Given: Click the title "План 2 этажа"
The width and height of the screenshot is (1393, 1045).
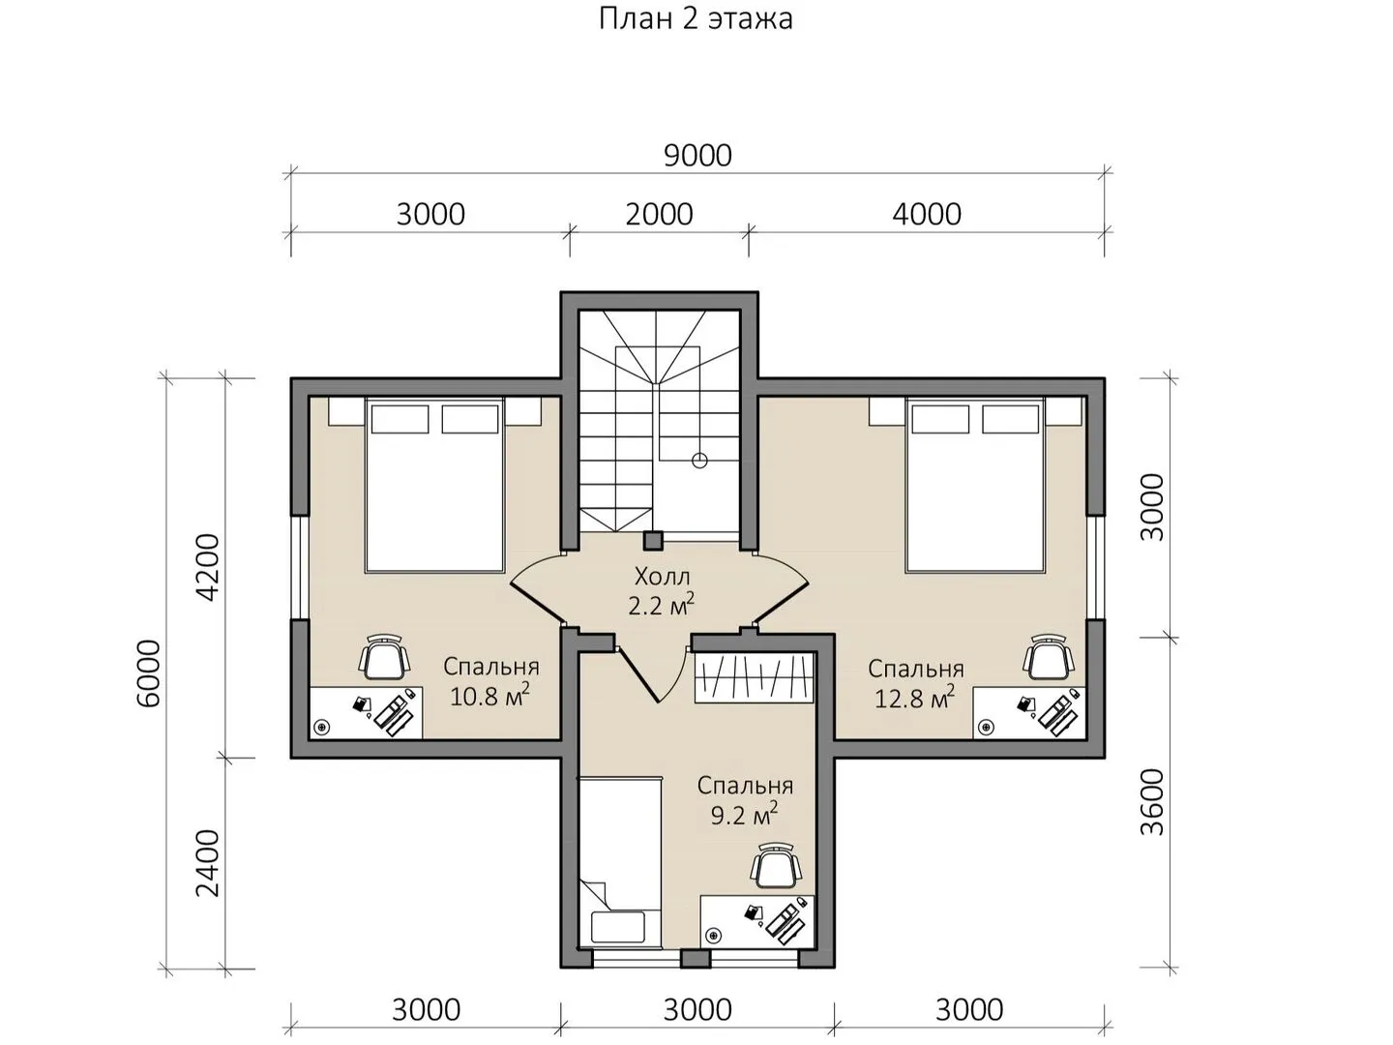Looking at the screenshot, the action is pyautogui.click(x=696, y=19).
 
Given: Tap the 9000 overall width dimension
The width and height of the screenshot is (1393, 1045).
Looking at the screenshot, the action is pyautogui.click(x=697, y=156).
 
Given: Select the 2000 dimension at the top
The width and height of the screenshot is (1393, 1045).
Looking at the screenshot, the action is pyautogui.click(x=659, y=215).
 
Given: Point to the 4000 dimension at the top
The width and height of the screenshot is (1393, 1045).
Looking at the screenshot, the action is pyautogui.click(x=927, y=215).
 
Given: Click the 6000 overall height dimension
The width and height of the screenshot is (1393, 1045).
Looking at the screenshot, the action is pyautogui.click(x=150, y=673).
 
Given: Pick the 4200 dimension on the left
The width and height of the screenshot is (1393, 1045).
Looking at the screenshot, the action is pyautogui.click(x=208, y=568).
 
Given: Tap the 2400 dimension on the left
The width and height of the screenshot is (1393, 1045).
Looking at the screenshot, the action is pyautogui.click(x=208, y=863).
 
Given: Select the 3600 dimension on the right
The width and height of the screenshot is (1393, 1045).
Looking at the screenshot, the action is pyautogui.click(x=1152, y=802).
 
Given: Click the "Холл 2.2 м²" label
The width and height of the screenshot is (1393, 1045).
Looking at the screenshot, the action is pyautogui.click(x=662, y=592).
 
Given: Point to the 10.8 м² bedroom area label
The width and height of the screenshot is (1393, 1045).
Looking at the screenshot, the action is pyautogui.click(x=489, y=697).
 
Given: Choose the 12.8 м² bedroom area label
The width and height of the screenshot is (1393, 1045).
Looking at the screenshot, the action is pyautogui.click(x=914, y=699).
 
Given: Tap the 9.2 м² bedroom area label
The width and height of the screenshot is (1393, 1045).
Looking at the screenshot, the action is pyautogui.click(x=744, y=816).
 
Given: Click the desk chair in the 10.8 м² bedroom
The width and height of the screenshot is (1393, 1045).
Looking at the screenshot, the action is pyautogui.click(x=384, y=657).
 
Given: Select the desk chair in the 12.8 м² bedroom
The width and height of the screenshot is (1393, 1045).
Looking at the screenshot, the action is pyautogui.click(x=1049, y=657).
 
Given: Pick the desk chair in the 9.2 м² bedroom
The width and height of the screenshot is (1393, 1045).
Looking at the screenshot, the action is pyautogui.click(x=775, y=865).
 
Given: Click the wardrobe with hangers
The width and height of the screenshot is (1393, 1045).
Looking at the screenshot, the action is pyautogui.click(x=754, y=677).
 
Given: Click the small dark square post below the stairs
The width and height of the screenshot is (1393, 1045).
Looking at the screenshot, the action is pyautogui.click(x=653, y=540).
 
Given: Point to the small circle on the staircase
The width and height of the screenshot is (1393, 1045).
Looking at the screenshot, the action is pyautogui.click(x=699, y=461).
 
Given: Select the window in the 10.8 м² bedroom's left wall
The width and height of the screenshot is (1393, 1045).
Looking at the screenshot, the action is pyautogui.click(x=300, y=567).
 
